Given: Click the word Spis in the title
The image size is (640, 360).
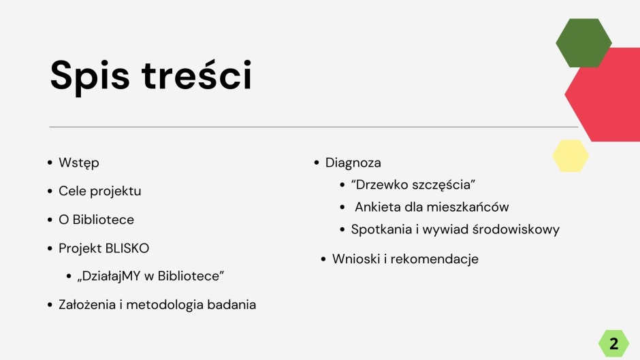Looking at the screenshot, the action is pyautogui.click(x=90, y=76).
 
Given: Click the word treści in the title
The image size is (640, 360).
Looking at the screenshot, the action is pyautogui.click(x=197, y=75).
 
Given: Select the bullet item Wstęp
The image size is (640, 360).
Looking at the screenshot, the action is pyautogui.click(x=79, y=163).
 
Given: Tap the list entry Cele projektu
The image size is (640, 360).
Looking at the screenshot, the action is pyautogui.click(x=100, y=191).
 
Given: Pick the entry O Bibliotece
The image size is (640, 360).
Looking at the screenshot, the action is pyautogui.click(x=96, y=220).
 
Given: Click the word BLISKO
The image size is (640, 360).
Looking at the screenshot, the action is pyautogui.click(x=127, y=248).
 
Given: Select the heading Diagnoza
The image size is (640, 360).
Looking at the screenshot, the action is pyautogui.click(x=353, y=163).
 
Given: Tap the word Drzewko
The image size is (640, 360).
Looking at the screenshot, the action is pyautogui.click(x=381, y=184).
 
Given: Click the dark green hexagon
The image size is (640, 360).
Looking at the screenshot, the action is pyautogui.click(x=583, y=43).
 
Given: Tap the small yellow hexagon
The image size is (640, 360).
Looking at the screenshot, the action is pyautogui.click(x=571, y=156).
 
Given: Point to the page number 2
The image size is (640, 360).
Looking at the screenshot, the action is pyautogui.click(x=613, y=344).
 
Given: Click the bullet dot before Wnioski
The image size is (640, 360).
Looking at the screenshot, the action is pyautogui.click(x=323, y=259).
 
